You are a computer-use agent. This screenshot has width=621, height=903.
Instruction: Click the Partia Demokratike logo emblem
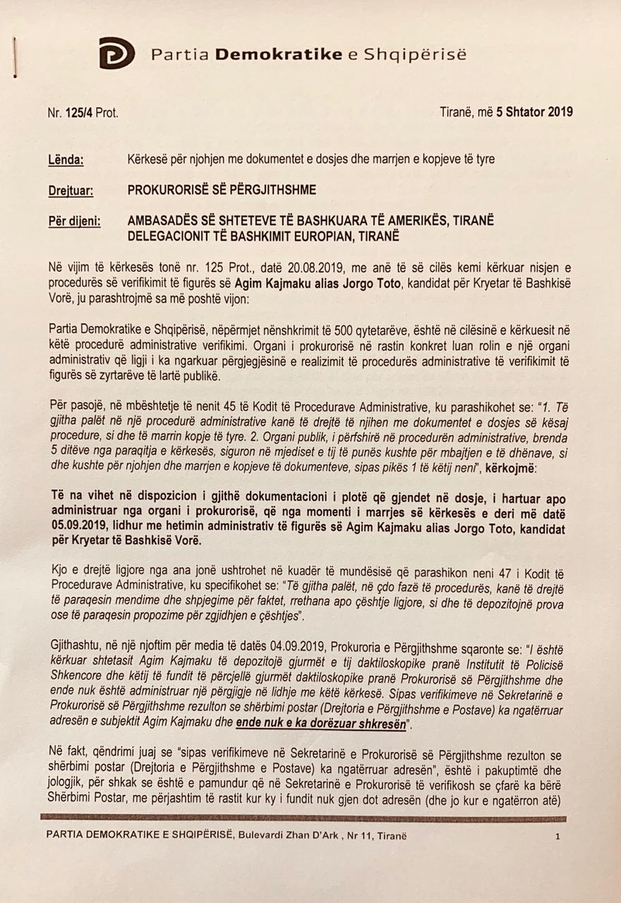[116, 54]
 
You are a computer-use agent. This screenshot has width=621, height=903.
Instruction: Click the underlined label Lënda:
[66, 160]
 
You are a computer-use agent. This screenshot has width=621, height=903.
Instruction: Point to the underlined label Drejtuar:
[71, 190]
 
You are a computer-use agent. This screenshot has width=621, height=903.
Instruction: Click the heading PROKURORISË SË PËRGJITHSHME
[222, 190]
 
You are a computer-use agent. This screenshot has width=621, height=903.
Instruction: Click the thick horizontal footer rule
[303, 818]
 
